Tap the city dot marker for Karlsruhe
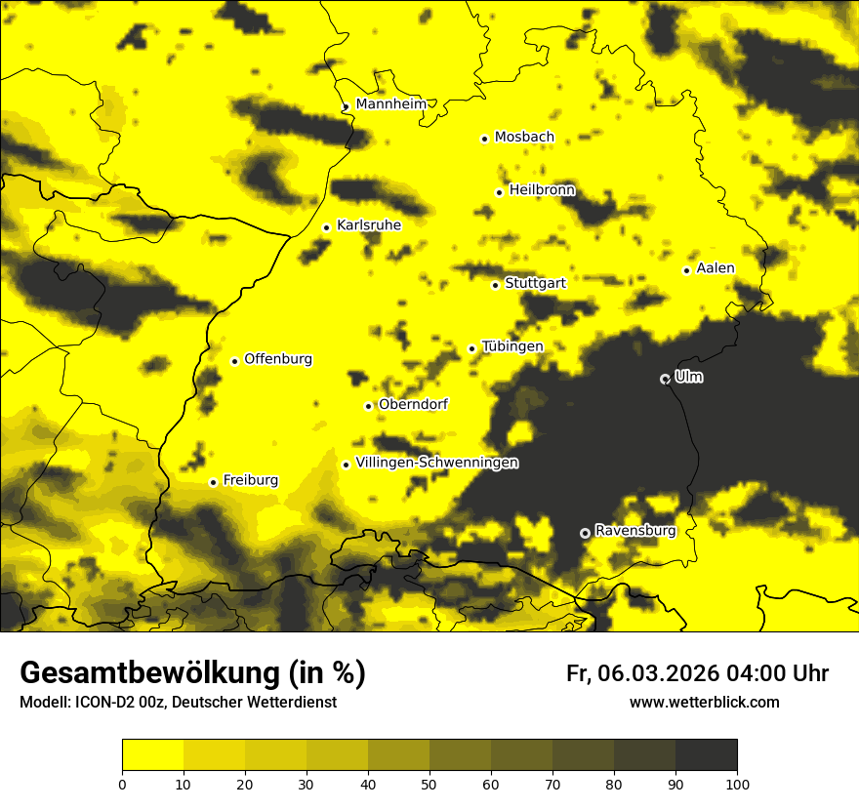pyautogui.click(x=327, y=227)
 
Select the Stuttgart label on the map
pyautogui.click(x=535, y=283)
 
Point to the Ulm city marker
pyautogui.click(x=665, y=379)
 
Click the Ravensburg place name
pyautogui.click(x=634, y=531)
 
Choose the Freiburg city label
pyautogui.click(x=250, y=480)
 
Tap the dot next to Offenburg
pyautogui.click(x=234, y=361)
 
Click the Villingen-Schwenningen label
pyautogui.click(x=436, y=463)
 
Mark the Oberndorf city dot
pyautogui.click(x=368, y=406)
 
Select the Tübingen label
pyautogui.click(x=512, y=346)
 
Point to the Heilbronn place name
pyautogui.click(x=542, y=190)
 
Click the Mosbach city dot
pyautogui.click(x=484, y=139)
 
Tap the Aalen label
pyautogui.click(x=716, y=268)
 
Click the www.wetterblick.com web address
pyautogui.click(x=704, y=702)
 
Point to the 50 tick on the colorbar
pyautogui.click(x=429, y=783)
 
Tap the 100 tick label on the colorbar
pyautogui.click(x=737, y=783)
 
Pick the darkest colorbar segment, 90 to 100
pyautogui.click(x=706, y=754)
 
